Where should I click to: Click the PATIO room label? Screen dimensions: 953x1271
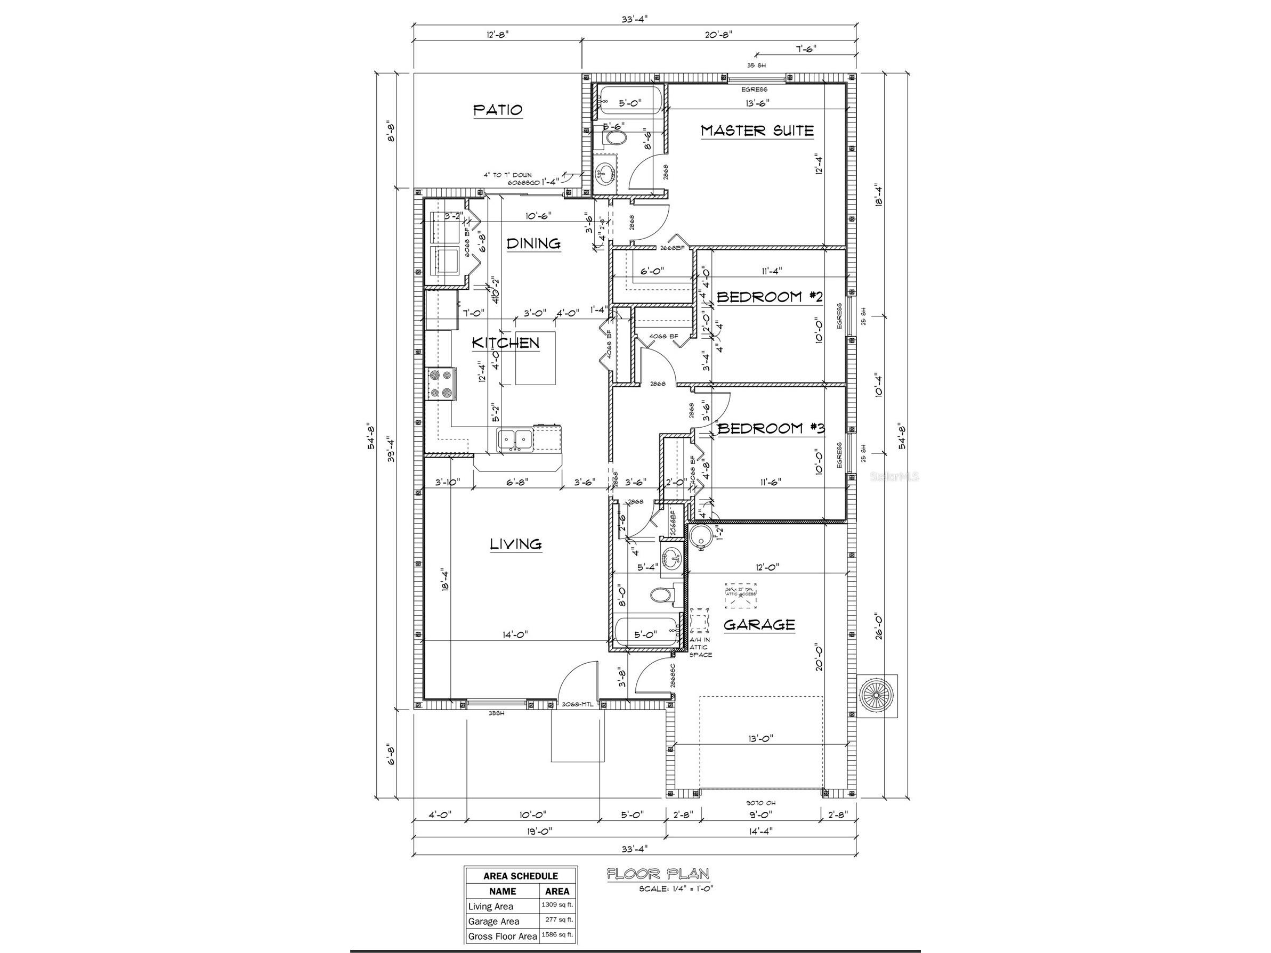coord(498,110)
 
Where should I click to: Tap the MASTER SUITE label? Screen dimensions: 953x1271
coord(757,131)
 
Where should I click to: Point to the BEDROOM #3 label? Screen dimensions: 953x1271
coord(771,428)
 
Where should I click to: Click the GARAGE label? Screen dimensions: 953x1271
coord(758,624)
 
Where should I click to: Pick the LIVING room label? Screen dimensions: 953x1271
coord(515,543)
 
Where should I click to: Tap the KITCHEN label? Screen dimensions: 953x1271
coord(506,343)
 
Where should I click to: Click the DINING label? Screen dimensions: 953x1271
coord(533,243)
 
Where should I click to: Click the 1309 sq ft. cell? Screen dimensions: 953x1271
coord(557,905)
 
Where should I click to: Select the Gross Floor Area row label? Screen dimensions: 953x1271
coord(502,936)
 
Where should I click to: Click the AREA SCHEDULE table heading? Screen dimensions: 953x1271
coord(520,875)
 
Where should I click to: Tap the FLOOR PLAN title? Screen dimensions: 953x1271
coord(658,874)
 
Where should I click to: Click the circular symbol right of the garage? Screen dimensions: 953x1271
coord(876,696)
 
